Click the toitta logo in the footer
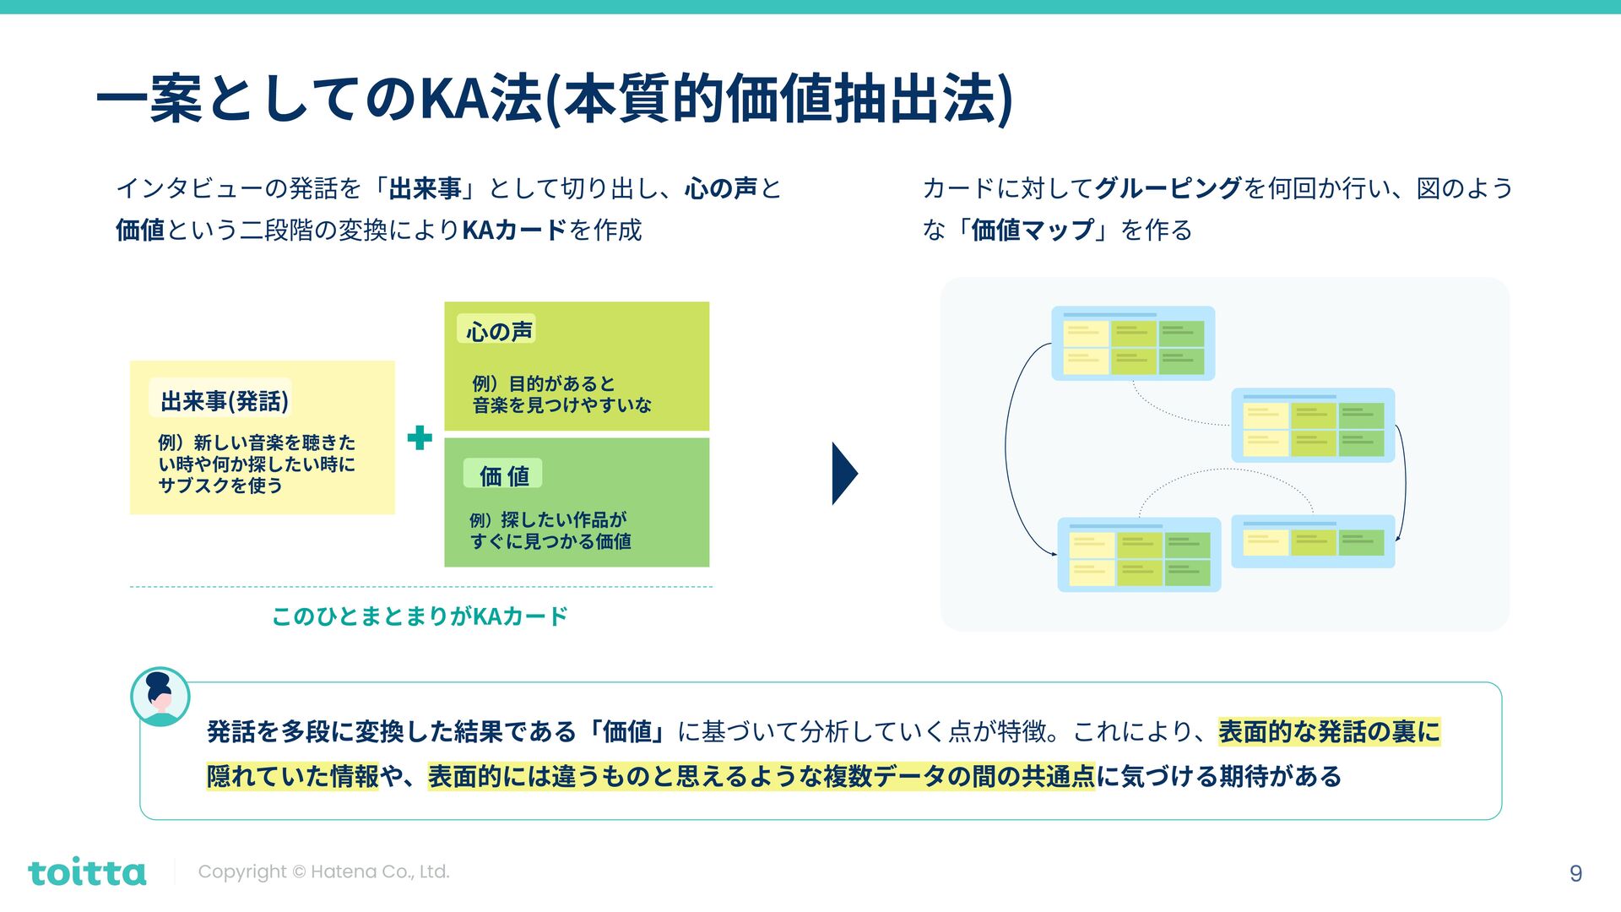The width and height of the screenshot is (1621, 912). [x=87, y=872]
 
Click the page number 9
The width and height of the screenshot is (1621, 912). [x=1575, y=873]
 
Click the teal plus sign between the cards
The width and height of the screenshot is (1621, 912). [x=420, y=437]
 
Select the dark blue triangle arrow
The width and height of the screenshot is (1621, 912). [x=843, y=473]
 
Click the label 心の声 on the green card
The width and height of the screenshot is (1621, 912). [x=499, y=331]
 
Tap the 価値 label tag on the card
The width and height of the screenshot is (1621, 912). [x=503, y=475]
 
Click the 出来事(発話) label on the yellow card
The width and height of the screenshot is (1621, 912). [x=224, y=400]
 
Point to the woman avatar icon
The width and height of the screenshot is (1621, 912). [x=160, y=697]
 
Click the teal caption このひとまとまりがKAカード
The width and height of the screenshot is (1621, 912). [x=420, y=616]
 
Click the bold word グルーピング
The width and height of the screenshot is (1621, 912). [x=1168, y=187]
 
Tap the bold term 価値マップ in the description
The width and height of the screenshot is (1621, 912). [x=1032, y=230]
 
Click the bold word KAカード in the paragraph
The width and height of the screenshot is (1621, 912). [x=514, y=230]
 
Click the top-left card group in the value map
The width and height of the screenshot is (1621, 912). [x=1132, y=344]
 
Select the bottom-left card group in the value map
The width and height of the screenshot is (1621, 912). [x=1139, y=555]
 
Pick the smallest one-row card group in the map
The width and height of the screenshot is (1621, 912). [x=1313, y=541]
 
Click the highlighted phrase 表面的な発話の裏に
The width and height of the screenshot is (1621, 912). [x=1329, y=731]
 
